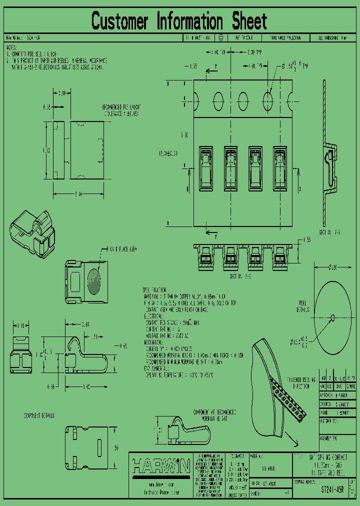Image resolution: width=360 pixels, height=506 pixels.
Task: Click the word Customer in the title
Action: pyautogui.click(x=120, y=21)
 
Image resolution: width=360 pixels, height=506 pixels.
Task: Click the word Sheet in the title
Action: pyautogui.click(x=249, y=21)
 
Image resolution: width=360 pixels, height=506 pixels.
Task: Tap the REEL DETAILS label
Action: pyautogui.click(x=302, y=306)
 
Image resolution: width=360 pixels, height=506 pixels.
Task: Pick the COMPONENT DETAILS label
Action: pyautogui.click(x=39, y=415)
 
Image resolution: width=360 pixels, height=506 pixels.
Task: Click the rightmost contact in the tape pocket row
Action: pyautogui.click(x=279, y=167)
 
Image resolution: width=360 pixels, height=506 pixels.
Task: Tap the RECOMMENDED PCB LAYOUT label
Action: pyautogui.click(x=121, y=110)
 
